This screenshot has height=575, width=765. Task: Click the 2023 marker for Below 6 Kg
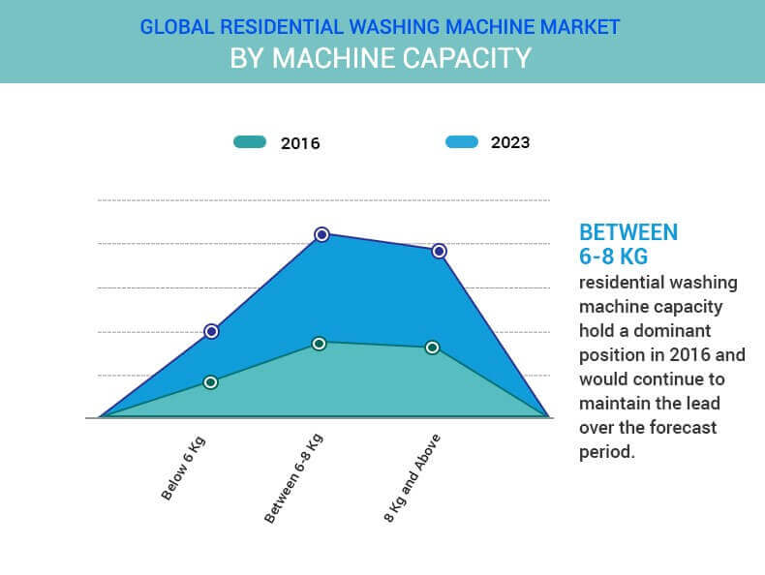(x=211, y=331)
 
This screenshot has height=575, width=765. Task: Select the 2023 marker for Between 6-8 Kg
(x=321, y=234)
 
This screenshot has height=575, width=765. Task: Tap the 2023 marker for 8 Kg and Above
(x=439, y=251)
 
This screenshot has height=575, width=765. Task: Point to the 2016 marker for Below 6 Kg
(x=211, y=382)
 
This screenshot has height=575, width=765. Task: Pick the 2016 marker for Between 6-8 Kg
(x=319, y=344)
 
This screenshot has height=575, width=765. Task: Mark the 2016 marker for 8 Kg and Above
(x=432, y=348)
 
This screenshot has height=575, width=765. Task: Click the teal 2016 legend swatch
(x=250, y=142)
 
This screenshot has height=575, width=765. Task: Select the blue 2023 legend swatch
(x=462, y=142)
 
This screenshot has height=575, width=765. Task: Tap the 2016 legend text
(x=300, y=143)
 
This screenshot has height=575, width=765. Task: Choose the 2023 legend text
(x=510, y=142)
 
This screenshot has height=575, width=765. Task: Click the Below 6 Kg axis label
(x=184, y=468)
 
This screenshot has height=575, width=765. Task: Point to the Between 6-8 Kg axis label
(x=293, y=478)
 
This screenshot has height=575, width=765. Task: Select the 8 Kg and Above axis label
(x=413, y=477)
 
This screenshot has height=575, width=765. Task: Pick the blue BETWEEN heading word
(x=627, y=232)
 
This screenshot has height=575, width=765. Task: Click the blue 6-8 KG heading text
(x=613, y=257)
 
